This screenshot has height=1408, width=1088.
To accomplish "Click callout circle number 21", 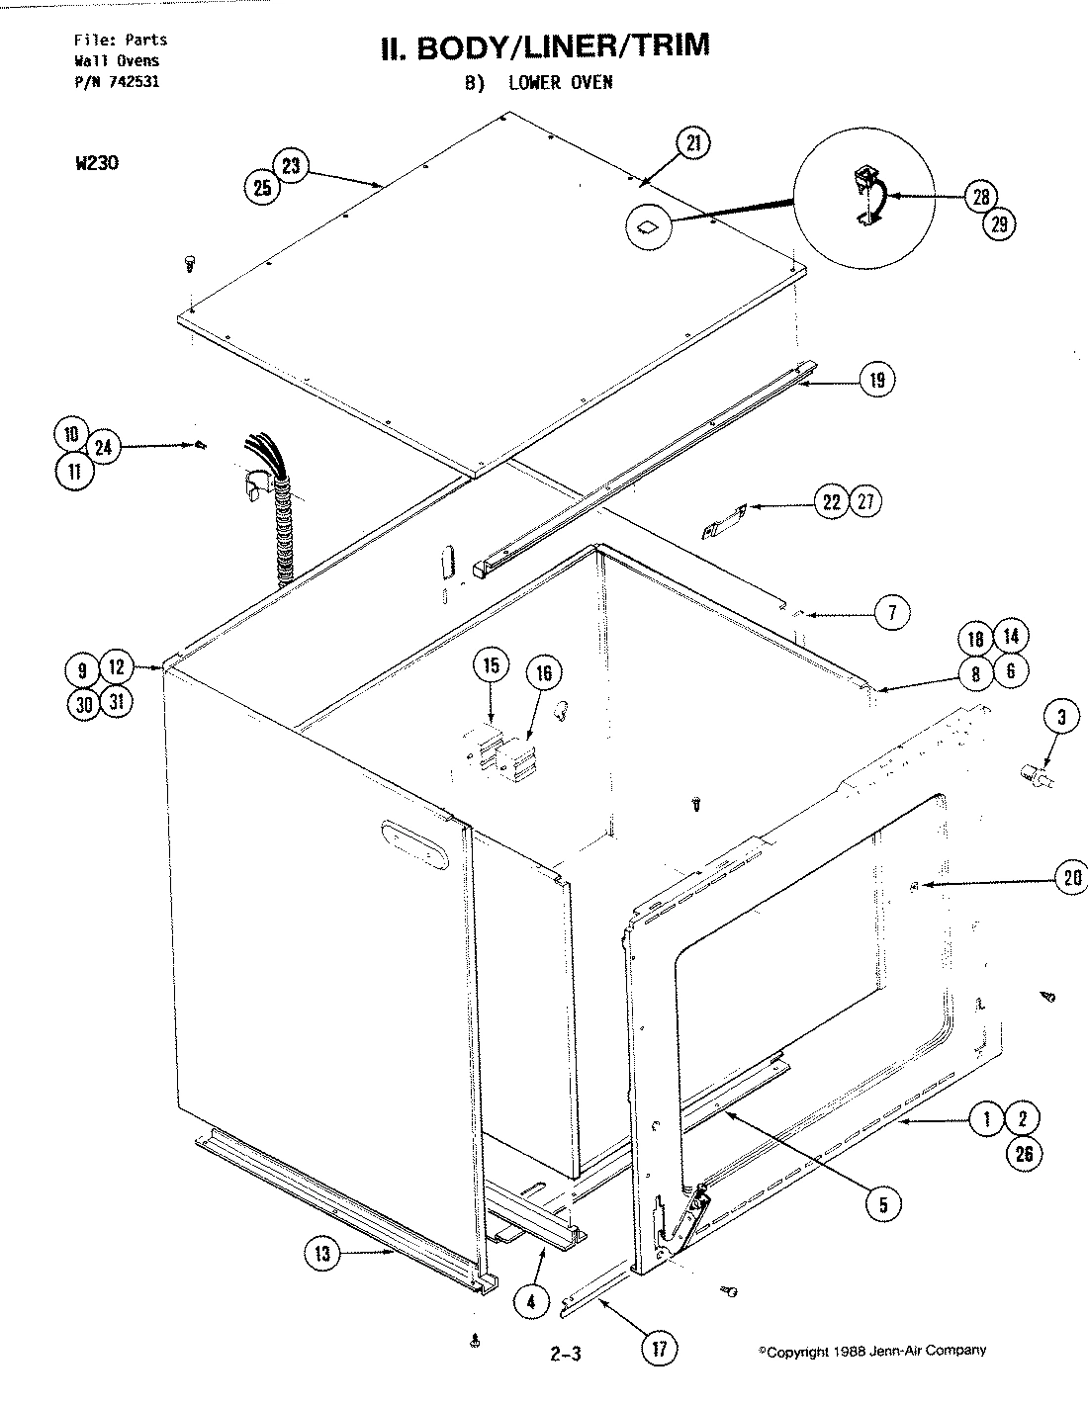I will click(692, 143).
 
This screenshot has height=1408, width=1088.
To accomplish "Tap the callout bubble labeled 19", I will click(876, 379).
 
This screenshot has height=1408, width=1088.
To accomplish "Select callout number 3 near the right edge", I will click(1060, 718).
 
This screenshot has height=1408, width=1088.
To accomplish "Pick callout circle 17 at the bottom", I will click(656, 1346).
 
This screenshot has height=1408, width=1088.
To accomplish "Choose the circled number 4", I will click(532, 1301).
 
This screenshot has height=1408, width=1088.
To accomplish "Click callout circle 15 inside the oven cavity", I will click(490, 665).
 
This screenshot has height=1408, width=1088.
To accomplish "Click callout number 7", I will click(891, 613).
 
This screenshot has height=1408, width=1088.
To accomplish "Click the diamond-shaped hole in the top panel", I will click(646, 228).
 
